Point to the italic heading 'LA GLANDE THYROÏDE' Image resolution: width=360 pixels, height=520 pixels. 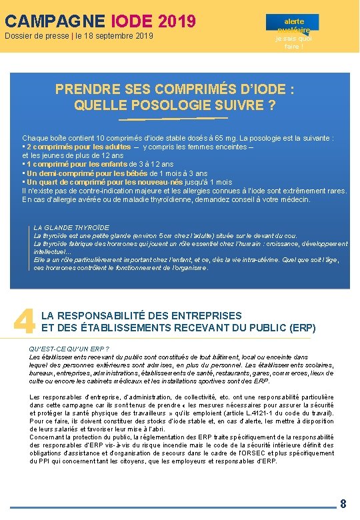(x=71, y=227)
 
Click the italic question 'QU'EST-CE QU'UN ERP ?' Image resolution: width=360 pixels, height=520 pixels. (x=70, y=349)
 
